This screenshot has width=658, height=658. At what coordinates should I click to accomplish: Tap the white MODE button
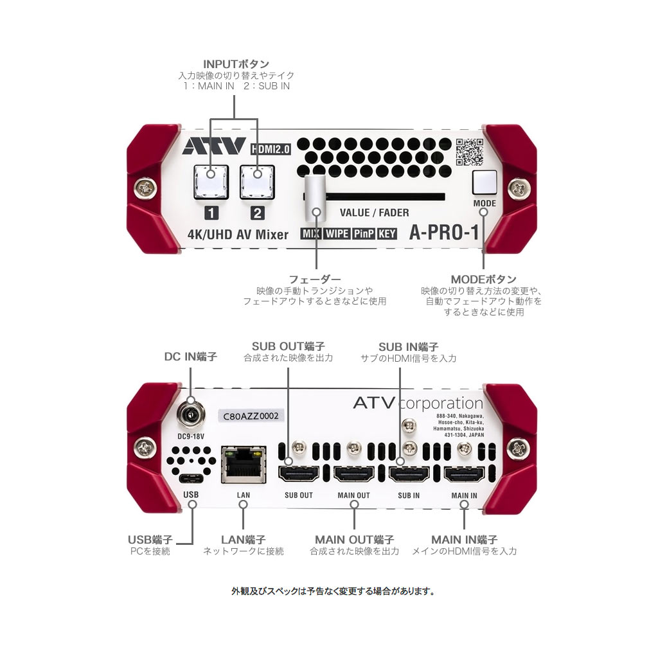click(485, 183)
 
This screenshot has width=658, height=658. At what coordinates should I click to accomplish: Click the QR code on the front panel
click(468, 152)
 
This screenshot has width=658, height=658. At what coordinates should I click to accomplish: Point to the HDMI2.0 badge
click(270, 148)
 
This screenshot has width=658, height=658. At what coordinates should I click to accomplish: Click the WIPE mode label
click(337, 234)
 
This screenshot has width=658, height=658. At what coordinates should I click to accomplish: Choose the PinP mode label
click(364, 234)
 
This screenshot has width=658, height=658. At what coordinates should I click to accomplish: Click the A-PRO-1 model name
click(444, 233)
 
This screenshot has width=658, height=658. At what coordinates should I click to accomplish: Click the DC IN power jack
click(191, 415)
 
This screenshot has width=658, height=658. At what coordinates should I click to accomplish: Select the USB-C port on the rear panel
click(191, 479)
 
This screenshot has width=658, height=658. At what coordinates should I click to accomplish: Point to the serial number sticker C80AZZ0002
click(250, 416)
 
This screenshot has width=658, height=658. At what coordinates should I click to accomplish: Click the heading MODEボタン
click(483, 279)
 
